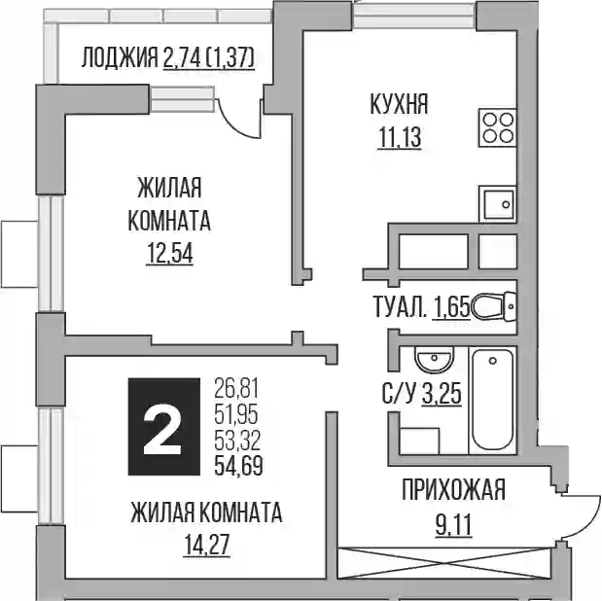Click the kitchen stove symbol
click(497, 127)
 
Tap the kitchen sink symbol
click(497, 204)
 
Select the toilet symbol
click(493, 305)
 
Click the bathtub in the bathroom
click(492, 399)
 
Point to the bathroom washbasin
click(434, 359)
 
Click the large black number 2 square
click(164, 427)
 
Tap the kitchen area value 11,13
click(400, 138)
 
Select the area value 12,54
click(169, 254)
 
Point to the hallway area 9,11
click(453, 525)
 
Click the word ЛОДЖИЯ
click(120, 58)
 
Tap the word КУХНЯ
click(400, 104)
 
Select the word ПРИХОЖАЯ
click(453, 489)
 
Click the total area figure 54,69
click(238, 466)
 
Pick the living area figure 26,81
click(237, 388)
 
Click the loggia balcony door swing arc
click(237, 123)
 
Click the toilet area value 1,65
click(451, 307)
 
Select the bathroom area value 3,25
click(442, 395)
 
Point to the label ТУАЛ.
click(400, 307)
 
